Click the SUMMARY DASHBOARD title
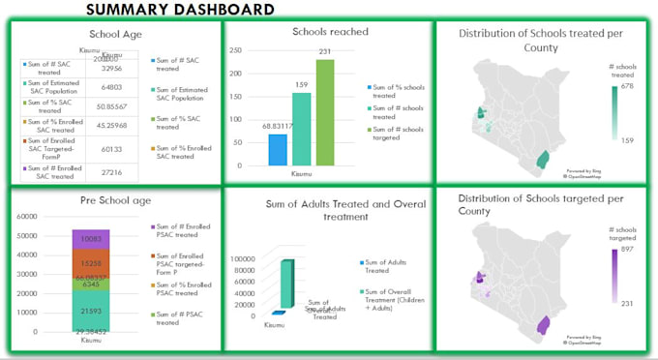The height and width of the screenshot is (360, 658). (x=179, y=10)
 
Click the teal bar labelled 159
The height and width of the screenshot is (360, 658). (x=301, y=131)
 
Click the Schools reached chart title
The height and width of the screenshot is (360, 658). (x=330, y=32)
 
